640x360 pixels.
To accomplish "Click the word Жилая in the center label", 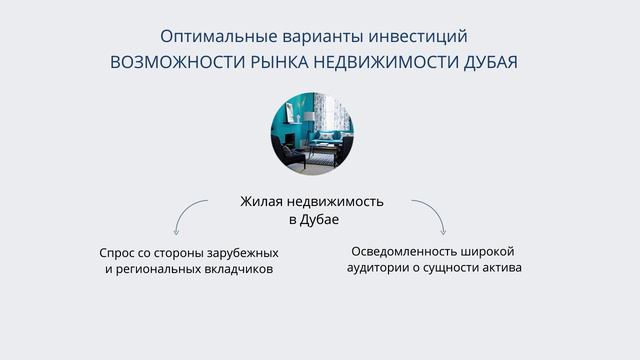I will pyautogui.click(x=261, y=202).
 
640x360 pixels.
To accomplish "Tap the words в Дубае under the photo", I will pyautogui.click(x=314, y=220).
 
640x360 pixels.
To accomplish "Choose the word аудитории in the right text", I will pyautogui.click(x=377, y=268).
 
